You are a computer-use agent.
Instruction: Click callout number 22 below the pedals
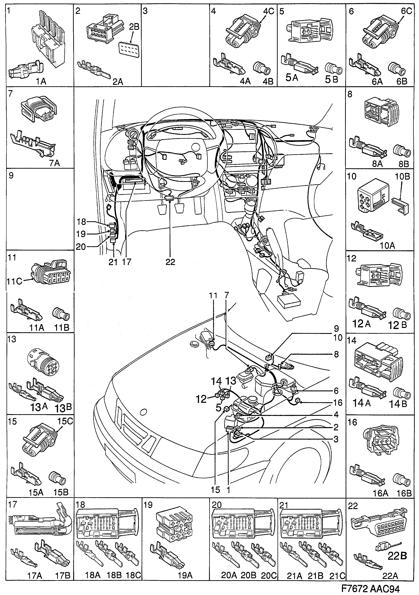coord(170,262)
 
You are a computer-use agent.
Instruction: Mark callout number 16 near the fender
coord(337,403)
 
